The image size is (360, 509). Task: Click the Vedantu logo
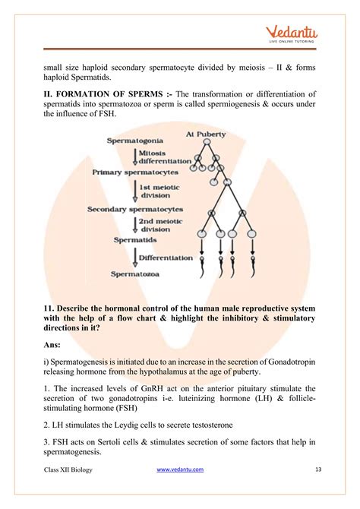tap(292, 34)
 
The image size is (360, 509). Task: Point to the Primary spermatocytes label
tap(134, 172)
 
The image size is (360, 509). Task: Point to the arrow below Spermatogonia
tap(134, 156)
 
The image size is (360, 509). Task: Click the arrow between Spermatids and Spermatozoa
tap(135, 257)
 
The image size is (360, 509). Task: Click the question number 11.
tap(50, 308)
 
